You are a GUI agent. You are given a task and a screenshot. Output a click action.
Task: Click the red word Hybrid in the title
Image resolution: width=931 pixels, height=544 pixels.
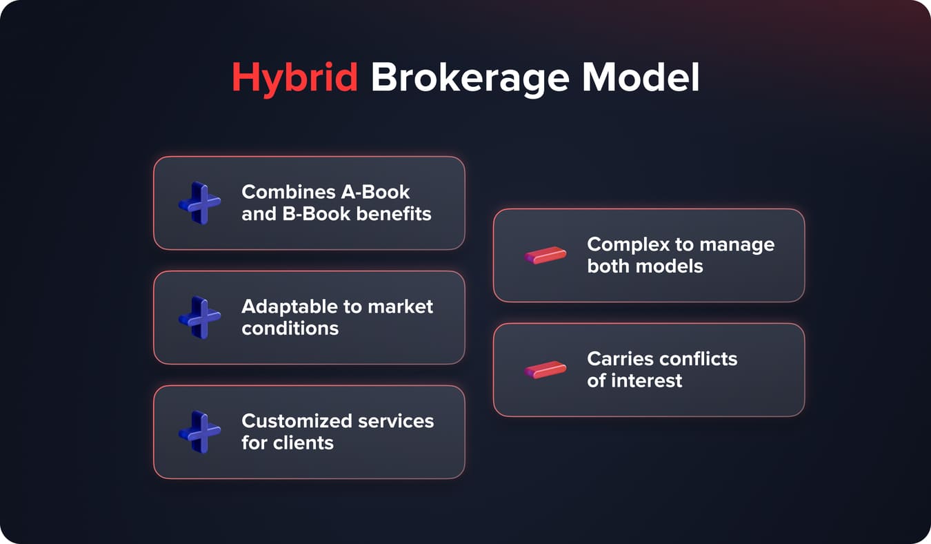pyautogui.click(x=294, y=78)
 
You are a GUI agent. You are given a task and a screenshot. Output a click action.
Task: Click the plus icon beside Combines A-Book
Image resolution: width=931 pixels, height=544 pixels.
pyautogui.click(x=199, y=203)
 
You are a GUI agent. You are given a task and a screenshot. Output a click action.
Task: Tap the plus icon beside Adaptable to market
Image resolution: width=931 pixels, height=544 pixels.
pyautogui.click(x=199, y=318)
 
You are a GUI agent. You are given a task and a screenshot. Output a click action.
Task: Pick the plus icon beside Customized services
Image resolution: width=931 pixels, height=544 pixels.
pyautogui.click(x=199, y=432)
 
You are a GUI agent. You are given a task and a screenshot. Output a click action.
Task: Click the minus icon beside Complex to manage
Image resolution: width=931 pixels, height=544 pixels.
pyautogui.click(x=545, y=255)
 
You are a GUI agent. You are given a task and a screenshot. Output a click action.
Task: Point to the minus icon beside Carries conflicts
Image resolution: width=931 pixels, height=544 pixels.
pyautogui.click(x=545, y=370)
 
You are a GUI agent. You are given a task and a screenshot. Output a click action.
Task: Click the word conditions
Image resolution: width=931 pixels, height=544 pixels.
pyautogui.click(x=290, y=328)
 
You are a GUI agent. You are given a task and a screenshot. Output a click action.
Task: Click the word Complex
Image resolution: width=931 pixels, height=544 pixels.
pyautogui.click(x=625, y=244)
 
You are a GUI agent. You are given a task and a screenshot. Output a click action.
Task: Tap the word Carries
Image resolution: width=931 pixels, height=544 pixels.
pyautogui.click(x=619, y=359)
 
